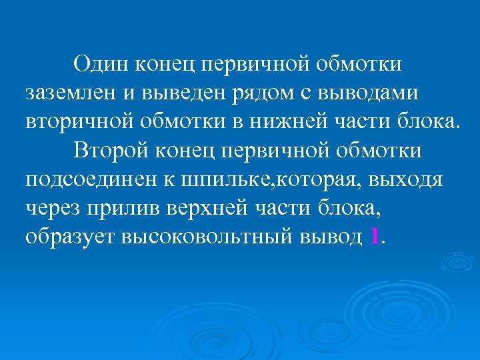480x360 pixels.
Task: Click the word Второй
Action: (111, 151)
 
